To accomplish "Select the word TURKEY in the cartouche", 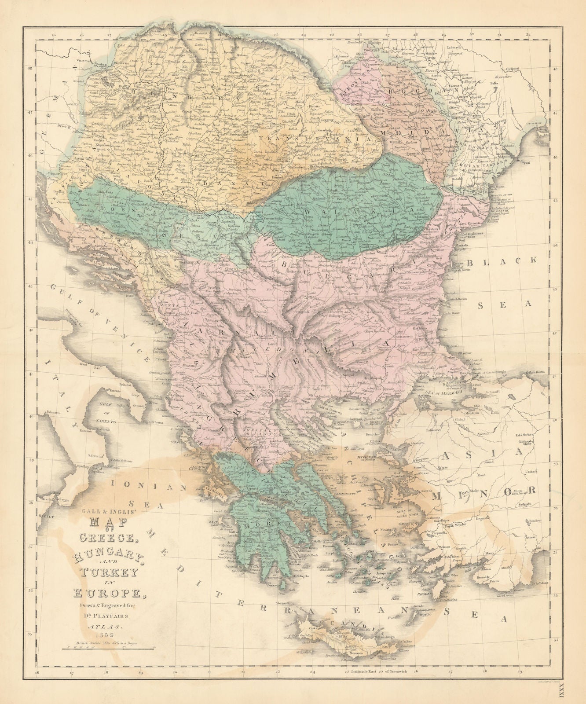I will tap(103, 572).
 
